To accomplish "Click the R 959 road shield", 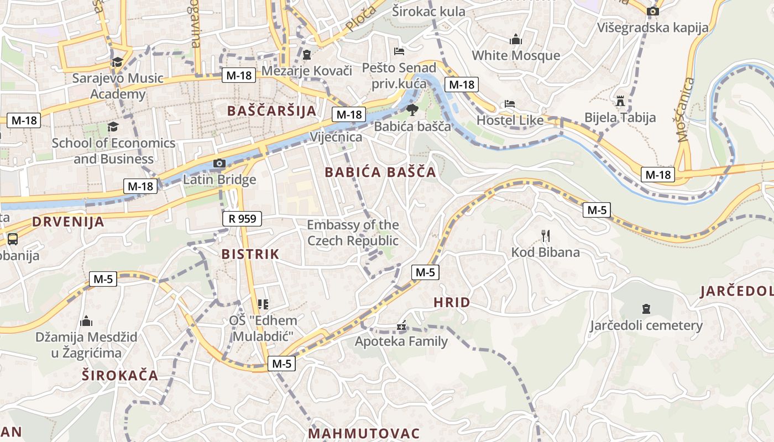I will tap(242, 219).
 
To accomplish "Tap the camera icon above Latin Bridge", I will tap(219, 163).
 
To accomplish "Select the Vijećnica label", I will tap(336, 137).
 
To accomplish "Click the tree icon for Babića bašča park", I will tap(412, 110).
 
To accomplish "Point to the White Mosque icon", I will tap(516, 39).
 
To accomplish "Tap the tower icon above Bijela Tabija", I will tap(620, 101).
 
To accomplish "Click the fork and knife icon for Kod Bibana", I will tap(546, 236).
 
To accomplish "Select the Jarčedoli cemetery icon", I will tap(646, 308).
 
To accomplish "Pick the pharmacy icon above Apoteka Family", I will tap(401, 325).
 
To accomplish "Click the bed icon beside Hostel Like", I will tap(510, 104).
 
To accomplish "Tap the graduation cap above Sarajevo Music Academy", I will tap(117, 62).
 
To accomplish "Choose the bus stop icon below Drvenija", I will tap(12, 239).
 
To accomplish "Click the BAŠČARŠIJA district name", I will tap(272, 111).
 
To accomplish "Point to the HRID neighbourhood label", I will tap(452, 303).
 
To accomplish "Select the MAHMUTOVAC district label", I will tap(364, 433).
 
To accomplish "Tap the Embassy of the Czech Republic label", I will tap(353, 233).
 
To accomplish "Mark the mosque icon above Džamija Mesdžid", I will tap(86, 321).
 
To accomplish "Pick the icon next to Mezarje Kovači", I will tap(307, 55).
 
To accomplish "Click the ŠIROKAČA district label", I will tap(120, 376).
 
